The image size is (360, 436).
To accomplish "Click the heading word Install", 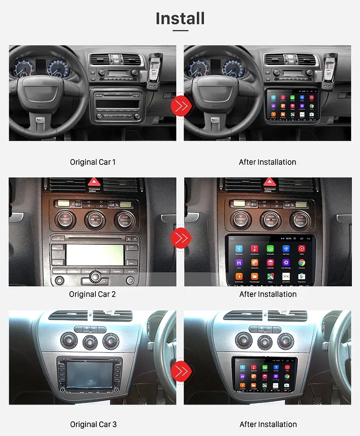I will tap(180, 19).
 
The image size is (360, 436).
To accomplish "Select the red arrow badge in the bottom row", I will tap(180, 370).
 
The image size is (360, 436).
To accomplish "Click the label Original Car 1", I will tap(92, 162).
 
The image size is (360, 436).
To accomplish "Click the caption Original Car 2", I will tap(92, 294).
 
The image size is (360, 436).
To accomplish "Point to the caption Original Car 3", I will tap(93, 424).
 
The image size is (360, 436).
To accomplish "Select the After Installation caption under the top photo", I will tap(267, 162).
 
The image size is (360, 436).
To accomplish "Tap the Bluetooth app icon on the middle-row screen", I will tap(239, 249).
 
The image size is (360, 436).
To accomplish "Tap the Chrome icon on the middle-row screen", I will tap(302, 263).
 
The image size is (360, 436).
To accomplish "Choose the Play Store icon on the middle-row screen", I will tap(302, 277).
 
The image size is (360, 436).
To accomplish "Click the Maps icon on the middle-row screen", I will tap(270, 277).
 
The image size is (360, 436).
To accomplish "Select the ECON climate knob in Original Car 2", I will tap(125, 220).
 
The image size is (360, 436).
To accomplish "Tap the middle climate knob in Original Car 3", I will tap(90, 341).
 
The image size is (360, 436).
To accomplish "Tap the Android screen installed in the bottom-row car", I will tap(265, 375).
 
